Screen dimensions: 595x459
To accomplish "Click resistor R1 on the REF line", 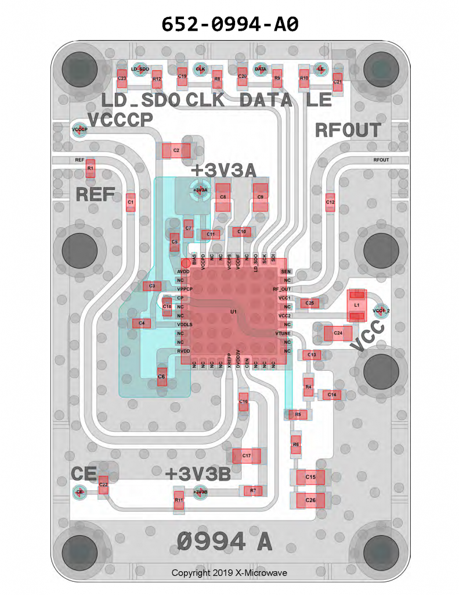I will coord(90,169).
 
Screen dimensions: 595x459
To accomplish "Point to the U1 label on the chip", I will coord(233,312).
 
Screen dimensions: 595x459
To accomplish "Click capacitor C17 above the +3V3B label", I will coord(247,456).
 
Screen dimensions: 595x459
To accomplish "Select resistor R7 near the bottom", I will coord(253,491).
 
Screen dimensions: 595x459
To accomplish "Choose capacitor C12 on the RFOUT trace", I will coord(330,202).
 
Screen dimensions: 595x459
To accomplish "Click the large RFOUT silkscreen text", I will coord(348,130).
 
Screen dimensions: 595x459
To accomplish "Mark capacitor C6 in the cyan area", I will coord(162,377).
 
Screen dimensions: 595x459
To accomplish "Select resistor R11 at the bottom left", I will coord(179,500).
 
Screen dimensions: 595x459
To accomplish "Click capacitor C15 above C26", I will coord(310,478).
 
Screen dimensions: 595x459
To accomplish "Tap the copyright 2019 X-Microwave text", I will coord(229,573).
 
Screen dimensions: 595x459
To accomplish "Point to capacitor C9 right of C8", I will coord(261,198).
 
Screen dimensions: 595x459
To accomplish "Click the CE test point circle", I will coord(79,492).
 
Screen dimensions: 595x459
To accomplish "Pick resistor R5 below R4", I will coord(298,414).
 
